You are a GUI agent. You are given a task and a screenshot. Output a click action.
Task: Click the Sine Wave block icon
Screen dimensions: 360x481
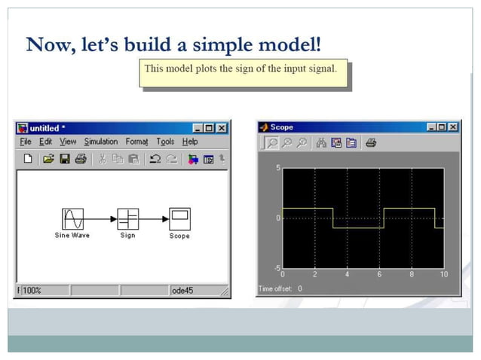pos(72,219)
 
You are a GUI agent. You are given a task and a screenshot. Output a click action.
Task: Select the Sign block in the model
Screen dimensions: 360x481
pos(127,219)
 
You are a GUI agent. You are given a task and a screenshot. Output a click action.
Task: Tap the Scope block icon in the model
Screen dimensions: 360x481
pos(179,219)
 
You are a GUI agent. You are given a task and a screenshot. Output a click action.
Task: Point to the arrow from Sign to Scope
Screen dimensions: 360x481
pos(154,220)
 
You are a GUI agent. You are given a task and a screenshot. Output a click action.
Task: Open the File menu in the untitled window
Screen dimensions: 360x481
pos(26,142)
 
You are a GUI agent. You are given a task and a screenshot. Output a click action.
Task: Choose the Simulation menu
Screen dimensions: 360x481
pos(100,142)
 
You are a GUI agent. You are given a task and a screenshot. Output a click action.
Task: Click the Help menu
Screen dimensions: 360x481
pos(190,142)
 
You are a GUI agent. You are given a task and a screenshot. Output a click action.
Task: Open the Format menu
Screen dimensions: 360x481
pos(136,142)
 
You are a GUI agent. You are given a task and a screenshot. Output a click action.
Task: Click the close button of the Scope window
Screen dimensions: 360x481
pos(452,127)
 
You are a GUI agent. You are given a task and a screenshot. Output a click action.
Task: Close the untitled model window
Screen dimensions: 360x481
pos(222,128)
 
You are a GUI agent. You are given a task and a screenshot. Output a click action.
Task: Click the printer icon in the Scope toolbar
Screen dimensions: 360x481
pos(370,142)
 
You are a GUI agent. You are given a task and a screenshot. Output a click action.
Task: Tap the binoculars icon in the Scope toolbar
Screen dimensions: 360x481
pos(321,142)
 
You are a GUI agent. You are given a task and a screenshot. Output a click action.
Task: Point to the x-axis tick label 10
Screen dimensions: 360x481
pos(443,275)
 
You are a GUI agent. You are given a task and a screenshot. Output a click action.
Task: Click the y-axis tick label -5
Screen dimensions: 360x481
pos(276,268)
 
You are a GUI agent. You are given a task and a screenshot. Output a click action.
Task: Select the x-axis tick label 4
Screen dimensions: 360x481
pos(348,275)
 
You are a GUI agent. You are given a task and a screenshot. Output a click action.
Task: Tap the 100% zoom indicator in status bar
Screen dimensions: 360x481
pos(32,290)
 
